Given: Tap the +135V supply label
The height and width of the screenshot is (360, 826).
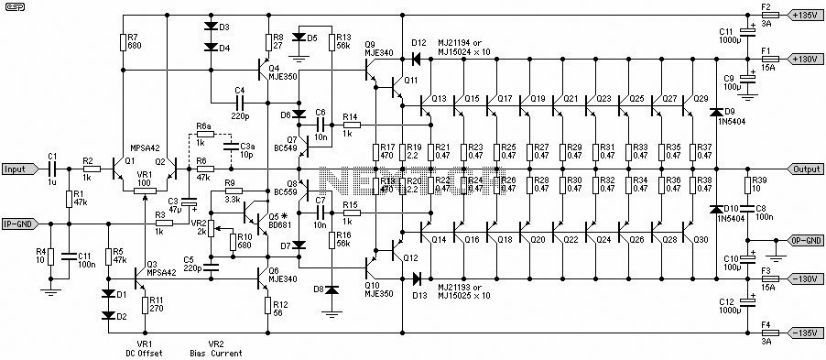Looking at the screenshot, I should (x=803, y=15).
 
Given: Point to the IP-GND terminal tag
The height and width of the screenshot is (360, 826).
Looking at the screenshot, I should (x=20, y=224).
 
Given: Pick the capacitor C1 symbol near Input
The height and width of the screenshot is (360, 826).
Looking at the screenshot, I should (x=52, y=169).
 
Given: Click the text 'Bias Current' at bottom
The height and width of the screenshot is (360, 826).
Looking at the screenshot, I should (x=215, y=353).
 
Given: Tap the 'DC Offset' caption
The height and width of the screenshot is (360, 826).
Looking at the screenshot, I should (x=144, y=353).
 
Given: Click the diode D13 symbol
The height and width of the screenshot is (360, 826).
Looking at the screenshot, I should (x=418, y=278).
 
